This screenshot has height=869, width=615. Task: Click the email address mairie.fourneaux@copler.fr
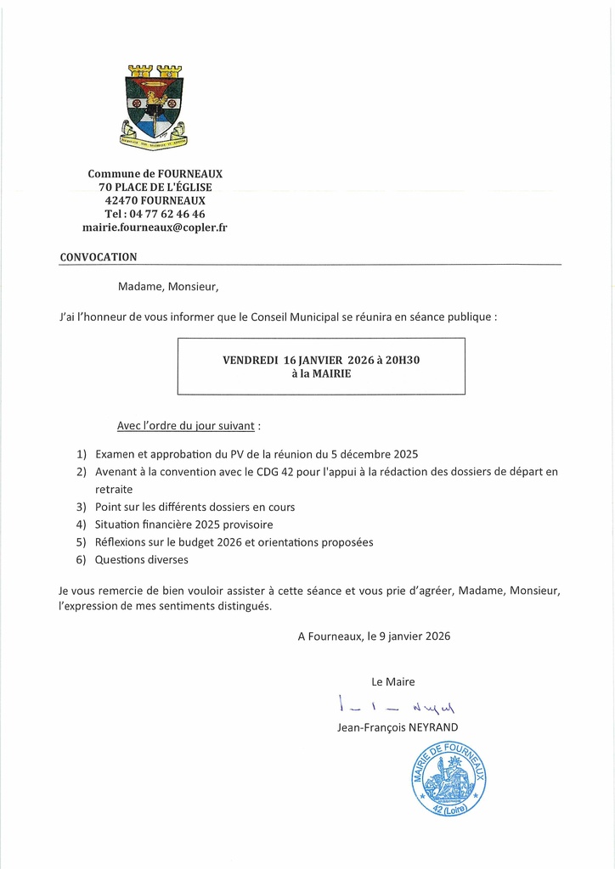[x=155, y=227]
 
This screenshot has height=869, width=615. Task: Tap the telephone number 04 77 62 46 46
[x=166, y=214]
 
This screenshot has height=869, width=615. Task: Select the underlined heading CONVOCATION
[x=98, y=256]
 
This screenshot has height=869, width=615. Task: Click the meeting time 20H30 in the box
[x=402, y=360]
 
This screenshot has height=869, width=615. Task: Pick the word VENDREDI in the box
[x=251, y=360]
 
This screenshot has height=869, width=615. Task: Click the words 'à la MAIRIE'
[x=321, y=373]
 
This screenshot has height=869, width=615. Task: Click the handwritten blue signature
[x=396, y=706]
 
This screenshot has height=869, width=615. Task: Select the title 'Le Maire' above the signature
[x=393, y=681]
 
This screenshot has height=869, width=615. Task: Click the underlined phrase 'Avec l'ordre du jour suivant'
[x=186, y=424]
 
